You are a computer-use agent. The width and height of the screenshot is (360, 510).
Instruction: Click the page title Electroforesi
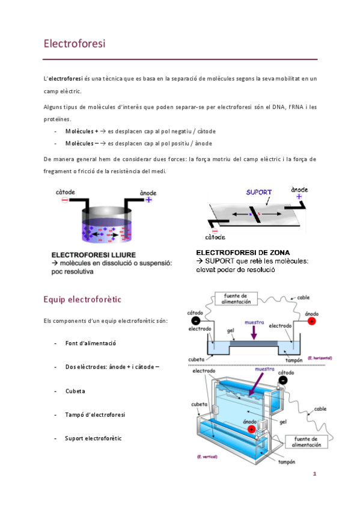(75, 43)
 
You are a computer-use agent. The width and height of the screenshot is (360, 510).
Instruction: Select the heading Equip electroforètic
(82, 300)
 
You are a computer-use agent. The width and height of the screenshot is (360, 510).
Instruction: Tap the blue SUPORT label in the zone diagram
(258, 192)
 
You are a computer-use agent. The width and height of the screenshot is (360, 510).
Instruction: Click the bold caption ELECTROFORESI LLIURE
(94, 255)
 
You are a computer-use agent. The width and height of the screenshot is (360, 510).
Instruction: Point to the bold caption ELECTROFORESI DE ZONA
(243, 253)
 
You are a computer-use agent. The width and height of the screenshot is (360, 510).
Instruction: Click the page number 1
(314, 473)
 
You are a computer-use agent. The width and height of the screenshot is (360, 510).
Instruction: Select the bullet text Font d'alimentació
(90, 343)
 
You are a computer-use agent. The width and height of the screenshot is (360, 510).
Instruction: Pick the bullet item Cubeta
(75, 391)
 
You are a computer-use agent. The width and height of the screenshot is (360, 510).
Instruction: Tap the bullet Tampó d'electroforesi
(95, 415)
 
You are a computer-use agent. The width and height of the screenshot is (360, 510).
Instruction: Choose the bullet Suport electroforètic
(93, 438)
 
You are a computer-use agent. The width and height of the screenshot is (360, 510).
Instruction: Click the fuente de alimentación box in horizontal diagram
(236, 298)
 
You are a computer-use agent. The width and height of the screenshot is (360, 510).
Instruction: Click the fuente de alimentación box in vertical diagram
(306, 441)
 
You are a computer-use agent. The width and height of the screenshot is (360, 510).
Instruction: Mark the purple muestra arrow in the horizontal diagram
(254, 332)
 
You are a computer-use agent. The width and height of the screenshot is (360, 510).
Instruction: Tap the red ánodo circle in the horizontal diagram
(311, 321)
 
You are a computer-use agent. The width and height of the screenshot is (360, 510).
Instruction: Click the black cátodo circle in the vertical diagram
(283, 380)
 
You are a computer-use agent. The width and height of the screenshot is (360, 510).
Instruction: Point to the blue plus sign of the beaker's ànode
(148, 200)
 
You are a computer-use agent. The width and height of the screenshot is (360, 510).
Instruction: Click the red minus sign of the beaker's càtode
(65, 200)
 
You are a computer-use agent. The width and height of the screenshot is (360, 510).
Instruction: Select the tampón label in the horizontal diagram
(294, 360)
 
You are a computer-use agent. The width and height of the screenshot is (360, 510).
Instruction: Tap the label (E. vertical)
(207, 456)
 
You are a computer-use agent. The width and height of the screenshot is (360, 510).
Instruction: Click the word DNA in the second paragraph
(279, 107)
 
